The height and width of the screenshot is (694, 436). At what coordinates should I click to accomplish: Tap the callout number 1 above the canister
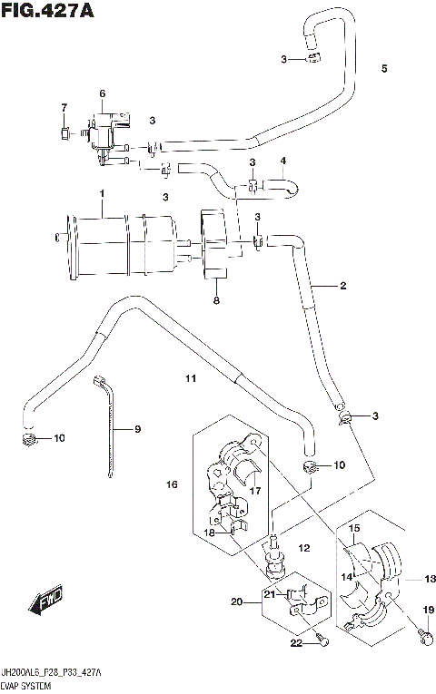103,193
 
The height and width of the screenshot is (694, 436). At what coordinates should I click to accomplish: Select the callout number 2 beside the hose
343,287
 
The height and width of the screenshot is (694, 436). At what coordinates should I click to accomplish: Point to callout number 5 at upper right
384,69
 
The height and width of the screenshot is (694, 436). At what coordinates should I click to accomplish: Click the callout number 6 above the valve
103,93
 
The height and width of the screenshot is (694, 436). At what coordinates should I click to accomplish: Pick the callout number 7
64,109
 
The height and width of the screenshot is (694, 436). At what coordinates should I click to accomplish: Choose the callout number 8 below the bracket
216,301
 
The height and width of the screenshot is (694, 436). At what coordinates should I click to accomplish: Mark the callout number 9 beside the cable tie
138,429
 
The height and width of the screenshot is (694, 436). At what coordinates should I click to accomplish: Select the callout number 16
172,485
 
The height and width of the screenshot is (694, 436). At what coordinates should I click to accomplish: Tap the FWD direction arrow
44,601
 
